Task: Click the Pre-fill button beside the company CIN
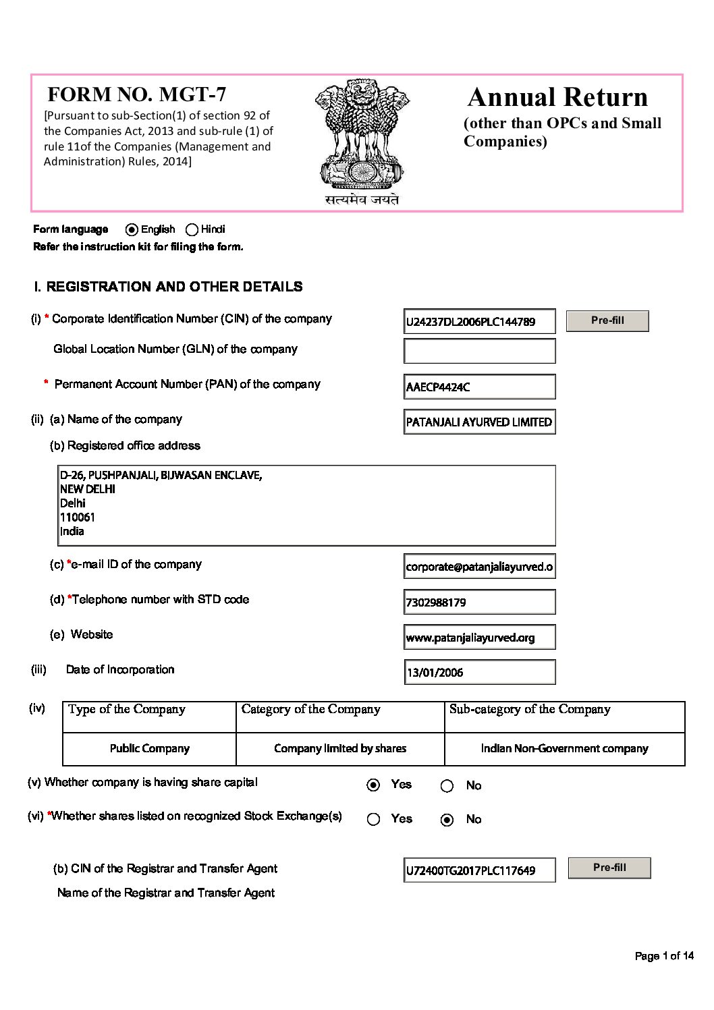607,321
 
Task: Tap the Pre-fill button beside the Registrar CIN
609,868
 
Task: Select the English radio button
132,229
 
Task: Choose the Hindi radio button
192,229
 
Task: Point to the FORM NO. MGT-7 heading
137,94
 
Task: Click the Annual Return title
557,97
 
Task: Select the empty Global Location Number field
479,351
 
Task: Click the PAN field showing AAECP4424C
479,387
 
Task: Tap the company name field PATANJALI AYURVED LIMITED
479,422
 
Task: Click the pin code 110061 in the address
78,517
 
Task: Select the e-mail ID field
479,567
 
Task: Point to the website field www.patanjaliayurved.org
479,638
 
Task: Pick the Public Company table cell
149,749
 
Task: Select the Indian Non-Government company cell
564,749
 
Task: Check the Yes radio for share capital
373,785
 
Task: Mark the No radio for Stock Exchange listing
447,820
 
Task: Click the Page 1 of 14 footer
664,955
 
